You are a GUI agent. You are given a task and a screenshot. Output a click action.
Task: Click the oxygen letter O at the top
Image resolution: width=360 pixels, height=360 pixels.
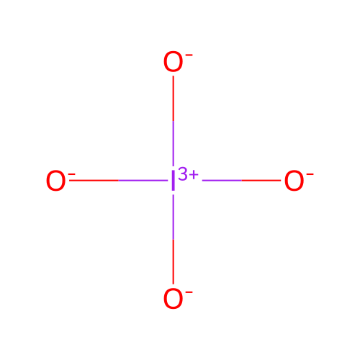173,61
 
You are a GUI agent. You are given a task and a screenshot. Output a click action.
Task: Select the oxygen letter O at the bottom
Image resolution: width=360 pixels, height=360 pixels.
173,299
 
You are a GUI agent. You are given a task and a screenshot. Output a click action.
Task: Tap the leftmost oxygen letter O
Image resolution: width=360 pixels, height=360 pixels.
55,181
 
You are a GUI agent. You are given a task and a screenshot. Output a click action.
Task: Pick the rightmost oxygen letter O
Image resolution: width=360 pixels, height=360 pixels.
294,181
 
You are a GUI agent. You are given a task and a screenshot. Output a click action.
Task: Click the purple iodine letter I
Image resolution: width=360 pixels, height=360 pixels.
173,181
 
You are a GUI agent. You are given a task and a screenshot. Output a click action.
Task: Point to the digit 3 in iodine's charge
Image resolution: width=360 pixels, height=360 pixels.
183,174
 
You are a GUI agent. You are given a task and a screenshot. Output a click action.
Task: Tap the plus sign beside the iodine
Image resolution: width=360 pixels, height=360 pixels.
194,175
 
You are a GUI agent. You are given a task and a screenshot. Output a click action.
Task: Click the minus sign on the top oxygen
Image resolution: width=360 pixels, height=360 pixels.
189,55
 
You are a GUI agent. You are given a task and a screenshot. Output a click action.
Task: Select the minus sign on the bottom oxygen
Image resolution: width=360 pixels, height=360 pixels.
189,292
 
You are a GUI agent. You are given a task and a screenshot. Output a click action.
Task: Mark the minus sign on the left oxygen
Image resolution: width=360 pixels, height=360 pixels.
72,174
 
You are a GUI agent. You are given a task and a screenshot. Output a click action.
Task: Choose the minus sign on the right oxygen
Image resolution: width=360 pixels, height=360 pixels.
310,174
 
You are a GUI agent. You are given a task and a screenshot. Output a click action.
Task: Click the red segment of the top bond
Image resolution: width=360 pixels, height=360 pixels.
174,99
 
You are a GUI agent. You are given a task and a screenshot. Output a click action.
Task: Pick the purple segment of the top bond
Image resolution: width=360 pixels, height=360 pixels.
174,143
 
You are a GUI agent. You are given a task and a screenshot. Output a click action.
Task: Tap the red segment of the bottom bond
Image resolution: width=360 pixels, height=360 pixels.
174,261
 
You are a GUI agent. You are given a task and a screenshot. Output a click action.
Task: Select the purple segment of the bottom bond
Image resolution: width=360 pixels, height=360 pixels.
174,217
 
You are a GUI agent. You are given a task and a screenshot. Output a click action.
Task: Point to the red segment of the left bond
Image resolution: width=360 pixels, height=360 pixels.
94,180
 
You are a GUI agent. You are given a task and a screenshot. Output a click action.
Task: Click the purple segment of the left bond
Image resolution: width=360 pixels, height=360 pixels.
143,180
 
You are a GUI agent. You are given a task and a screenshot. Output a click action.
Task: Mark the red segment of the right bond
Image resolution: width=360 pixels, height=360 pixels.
261,180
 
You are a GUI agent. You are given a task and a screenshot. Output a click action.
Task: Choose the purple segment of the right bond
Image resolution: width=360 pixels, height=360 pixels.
222,180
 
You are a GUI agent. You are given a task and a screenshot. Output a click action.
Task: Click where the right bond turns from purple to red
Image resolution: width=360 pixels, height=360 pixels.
241,180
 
